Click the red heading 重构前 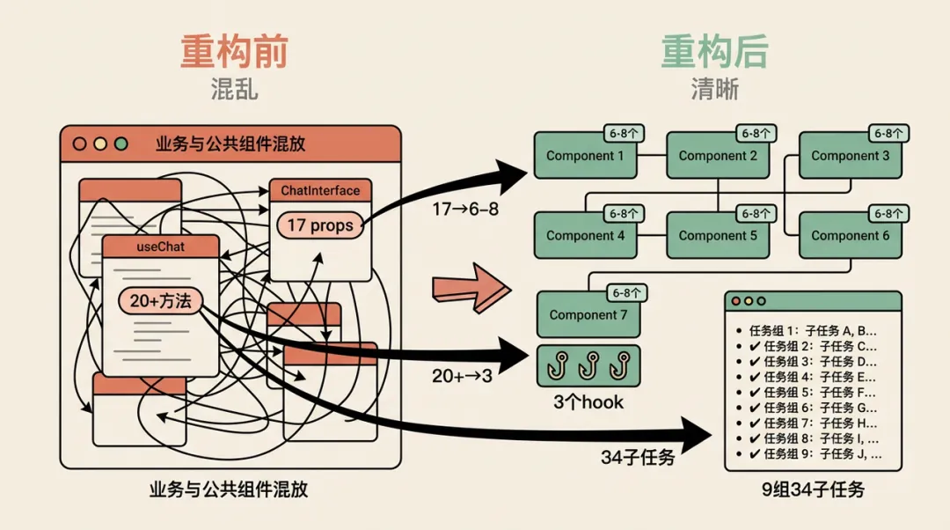point(234,52)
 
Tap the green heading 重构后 point(715,52)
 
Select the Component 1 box point(585,156)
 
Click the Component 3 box point(850,156)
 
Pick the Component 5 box point(718,236)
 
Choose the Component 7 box point(588,314)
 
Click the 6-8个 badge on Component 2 point(756,134)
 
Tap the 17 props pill point(320,225)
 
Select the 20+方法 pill point(160,301)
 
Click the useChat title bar point(161,247)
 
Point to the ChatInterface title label point(320,190)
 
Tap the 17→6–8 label point(465,210)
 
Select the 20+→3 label point(462,376)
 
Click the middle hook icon point(588,365)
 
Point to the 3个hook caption point(588,402)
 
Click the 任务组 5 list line point(812,393)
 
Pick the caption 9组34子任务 point(813,490)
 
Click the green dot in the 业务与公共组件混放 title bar point(121,144)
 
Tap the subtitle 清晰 point(715,89)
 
